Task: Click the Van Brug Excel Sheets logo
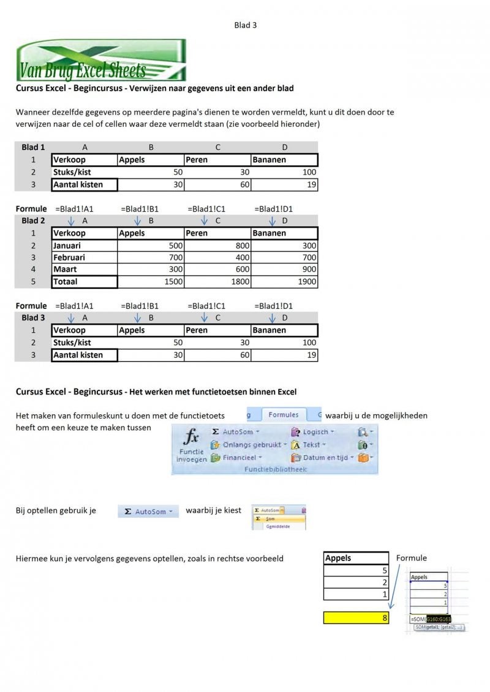coord(101,60)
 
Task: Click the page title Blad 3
coord(245,25)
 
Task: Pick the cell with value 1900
coord(284,282)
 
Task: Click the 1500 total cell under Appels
coord(151,282)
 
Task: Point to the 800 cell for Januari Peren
coord(217,245)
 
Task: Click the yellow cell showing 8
coord(356,618)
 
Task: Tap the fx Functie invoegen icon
coord(192,445)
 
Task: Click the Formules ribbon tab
coord(283,415)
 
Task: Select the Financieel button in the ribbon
coord(237,457)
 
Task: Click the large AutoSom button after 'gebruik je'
coord(148,512)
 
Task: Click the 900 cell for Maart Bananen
coord(284,269)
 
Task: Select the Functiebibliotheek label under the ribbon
coord(275,469)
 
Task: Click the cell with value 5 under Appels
coord(356,570)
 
